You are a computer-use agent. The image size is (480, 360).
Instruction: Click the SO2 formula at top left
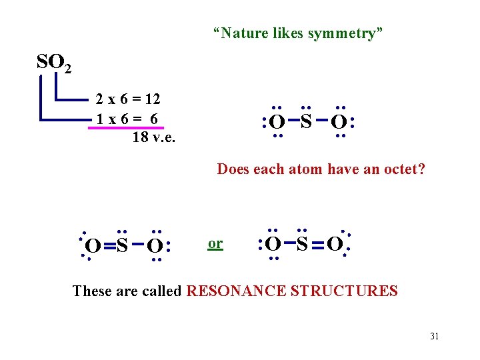click(x=54, y=63)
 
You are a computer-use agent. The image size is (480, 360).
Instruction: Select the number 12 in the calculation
click(x=153, y=99)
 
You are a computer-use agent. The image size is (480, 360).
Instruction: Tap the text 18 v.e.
click(x=154, y=137)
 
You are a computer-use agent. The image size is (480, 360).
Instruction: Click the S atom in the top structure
click(x=306, y=121)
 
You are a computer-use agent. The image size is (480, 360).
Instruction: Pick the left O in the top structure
click(x=277, y=123)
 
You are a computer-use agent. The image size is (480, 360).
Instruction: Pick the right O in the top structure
click(x=339, y=123)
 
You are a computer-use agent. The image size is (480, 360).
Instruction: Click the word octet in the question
click(x=403, y=169)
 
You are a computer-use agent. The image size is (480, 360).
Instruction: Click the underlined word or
click(x=215, y=243)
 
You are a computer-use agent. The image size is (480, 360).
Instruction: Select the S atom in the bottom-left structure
click(x=122, y=246)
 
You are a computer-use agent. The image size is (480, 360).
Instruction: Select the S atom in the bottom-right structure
click(x=302, y=244)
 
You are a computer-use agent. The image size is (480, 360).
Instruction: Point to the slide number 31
click(x=434, y=336)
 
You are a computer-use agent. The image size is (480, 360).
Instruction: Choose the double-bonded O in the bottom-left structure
click(x=94, y=247)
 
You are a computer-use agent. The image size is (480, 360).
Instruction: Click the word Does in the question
click(x=233, y=169)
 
